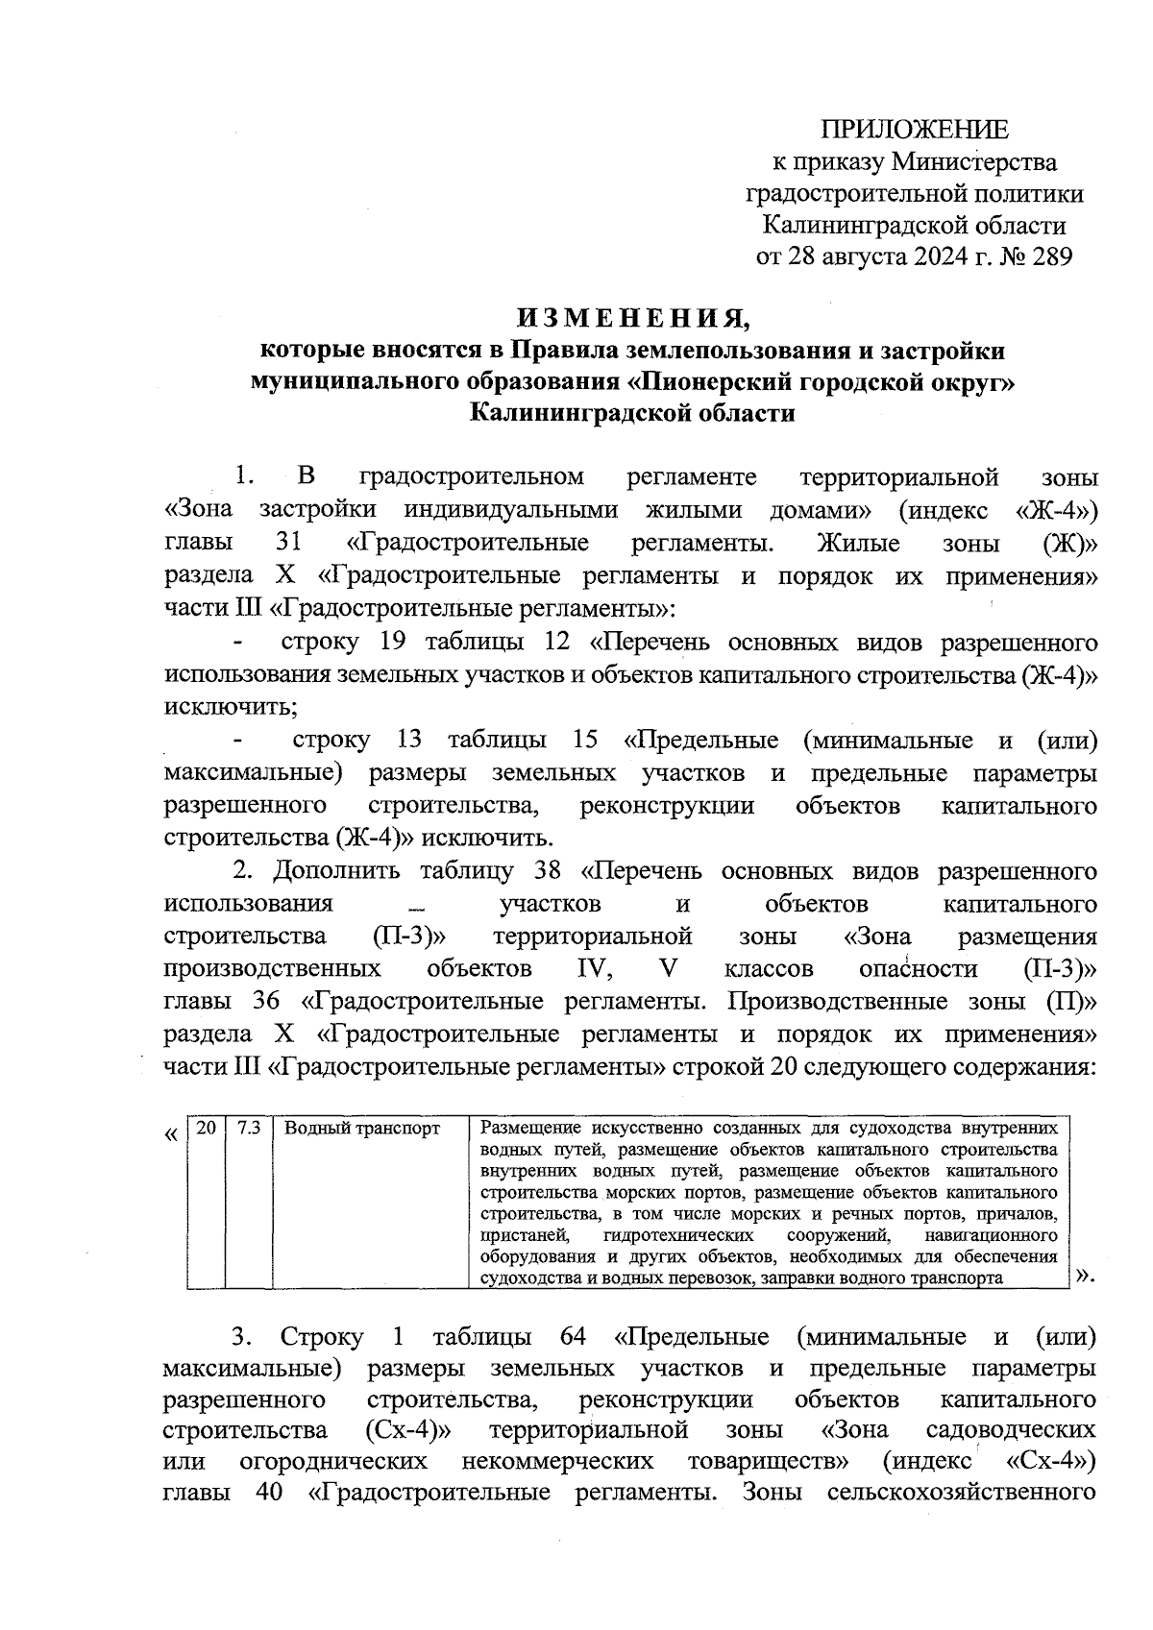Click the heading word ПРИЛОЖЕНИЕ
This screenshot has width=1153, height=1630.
click(x=914, y=130)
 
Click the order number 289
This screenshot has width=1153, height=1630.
click(x=1046, y=256)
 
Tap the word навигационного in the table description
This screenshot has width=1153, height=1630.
click(x=992, y=1234)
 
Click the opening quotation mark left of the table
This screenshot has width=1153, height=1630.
click(x=171, y=1134)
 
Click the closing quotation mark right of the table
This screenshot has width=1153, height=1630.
click(x=1086, y=1276)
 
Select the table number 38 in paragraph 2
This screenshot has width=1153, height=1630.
click(x=547, y=872)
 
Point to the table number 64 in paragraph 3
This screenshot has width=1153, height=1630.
click(x=573, y=1338)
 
